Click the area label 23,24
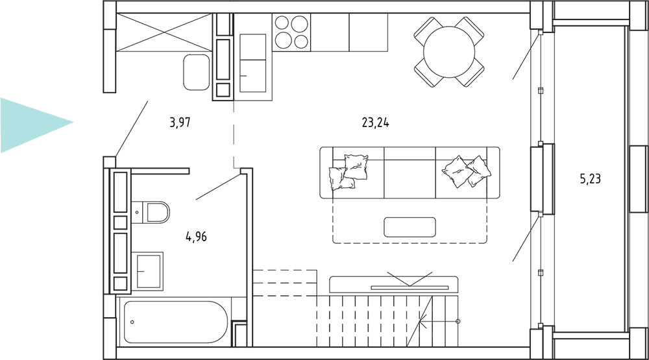click(375, 123)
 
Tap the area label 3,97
click(180, 123)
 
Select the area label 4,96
click(196, 237)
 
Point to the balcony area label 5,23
click(590, 179)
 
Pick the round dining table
click(449, 52)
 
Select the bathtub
click(175, 322)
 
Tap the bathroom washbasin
click(147, 271)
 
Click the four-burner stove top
click(291, 32)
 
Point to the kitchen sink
click(252, 63)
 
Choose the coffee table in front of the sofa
click(410, 227)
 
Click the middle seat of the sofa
click(410, 173)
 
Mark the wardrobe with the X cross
click(164, 32)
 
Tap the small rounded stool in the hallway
click(197, 72)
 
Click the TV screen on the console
click(410, 287)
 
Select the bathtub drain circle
click(132, 322)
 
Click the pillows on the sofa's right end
click(467, 171)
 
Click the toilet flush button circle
click(137, 213)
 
